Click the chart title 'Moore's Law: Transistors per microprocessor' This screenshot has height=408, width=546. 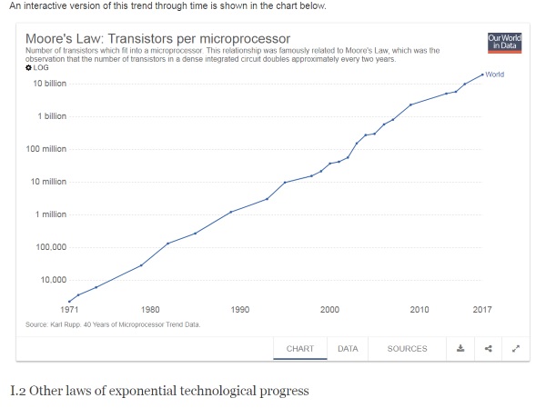tap(157, 39)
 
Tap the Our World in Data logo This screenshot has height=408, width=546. tap(504, 42)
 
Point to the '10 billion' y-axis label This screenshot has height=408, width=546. tap(50, 84)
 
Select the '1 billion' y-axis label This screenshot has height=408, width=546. tap(52, 116)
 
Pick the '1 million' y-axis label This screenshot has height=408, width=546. tap(52, 214)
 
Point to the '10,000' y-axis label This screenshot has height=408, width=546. tap(53, 280)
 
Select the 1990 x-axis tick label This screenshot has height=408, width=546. tap(240, 310)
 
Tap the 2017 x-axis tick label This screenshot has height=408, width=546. tap(482, 310)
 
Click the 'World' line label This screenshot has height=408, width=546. tap(495, 74)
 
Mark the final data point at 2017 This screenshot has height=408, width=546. tap(482, 75)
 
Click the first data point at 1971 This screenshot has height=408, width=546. tap(69, 302)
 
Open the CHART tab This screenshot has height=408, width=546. tap(300, 348)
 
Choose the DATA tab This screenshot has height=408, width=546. tap(348, 348)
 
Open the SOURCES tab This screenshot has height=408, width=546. tap(407, 348)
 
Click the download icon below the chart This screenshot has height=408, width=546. tap(460, 348)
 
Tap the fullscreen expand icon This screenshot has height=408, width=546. tap(516, 348)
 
